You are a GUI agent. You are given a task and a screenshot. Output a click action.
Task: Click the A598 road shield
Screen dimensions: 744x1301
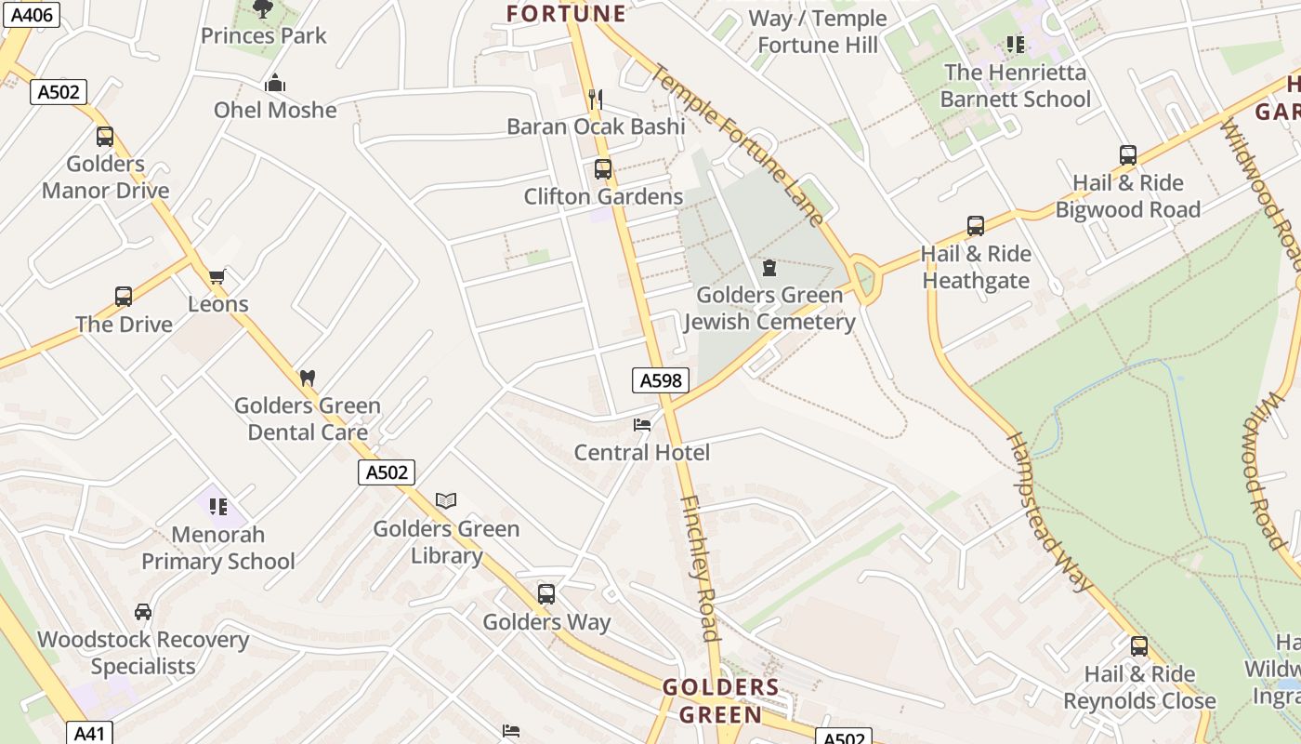(661, 379)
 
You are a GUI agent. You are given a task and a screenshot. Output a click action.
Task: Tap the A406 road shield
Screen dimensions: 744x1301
(31, 14)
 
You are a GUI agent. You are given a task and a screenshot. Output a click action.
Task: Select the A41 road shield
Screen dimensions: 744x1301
(89, 733)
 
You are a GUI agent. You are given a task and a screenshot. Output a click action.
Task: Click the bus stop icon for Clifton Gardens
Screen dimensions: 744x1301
(603, 169)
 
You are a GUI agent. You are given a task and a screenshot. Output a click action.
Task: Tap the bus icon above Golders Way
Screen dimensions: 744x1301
(546, 594)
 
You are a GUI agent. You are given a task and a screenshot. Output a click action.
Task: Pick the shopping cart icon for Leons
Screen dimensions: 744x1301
(217, 276)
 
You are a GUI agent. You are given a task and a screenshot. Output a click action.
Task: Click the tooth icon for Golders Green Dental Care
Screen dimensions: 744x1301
(308, 379)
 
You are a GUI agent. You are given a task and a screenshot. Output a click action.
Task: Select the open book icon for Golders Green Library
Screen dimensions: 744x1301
(446, 501)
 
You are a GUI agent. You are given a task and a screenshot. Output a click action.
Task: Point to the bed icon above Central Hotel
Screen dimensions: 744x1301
(641, 425)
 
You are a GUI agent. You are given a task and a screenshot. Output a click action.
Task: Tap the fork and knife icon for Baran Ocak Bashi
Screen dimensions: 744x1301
(596, 99)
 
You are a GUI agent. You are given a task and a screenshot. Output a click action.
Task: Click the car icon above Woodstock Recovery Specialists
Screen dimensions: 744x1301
(143, 612)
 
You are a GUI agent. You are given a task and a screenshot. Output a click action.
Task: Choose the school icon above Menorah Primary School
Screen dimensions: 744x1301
(218, 507)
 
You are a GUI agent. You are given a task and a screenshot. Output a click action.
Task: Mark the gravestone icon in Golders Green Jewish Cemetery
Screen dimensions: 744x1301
(769, 268)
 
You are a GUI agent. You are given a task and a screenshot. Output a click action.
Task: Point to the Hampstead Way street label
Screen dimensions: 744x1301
(1047, 511)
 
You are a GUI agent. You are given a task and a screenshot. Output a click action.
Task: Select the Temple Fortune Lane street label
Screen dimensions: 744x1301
(738, 143)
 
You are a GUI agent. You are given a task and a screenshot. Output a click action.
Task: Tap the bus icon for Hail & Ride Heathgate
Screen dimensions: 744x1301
(976, 226)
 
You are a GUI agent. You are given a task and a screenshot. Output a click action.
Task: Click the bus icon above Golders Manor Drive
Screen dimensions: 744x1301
(105, 137)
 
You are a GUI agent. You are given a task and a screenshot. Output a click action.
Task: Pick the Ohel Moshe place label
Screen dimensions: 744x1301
(275, 110)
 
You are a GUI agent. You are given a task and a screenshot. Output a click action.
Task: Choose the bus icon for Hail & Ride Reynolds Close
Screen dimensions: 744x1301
(1139, 646)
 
